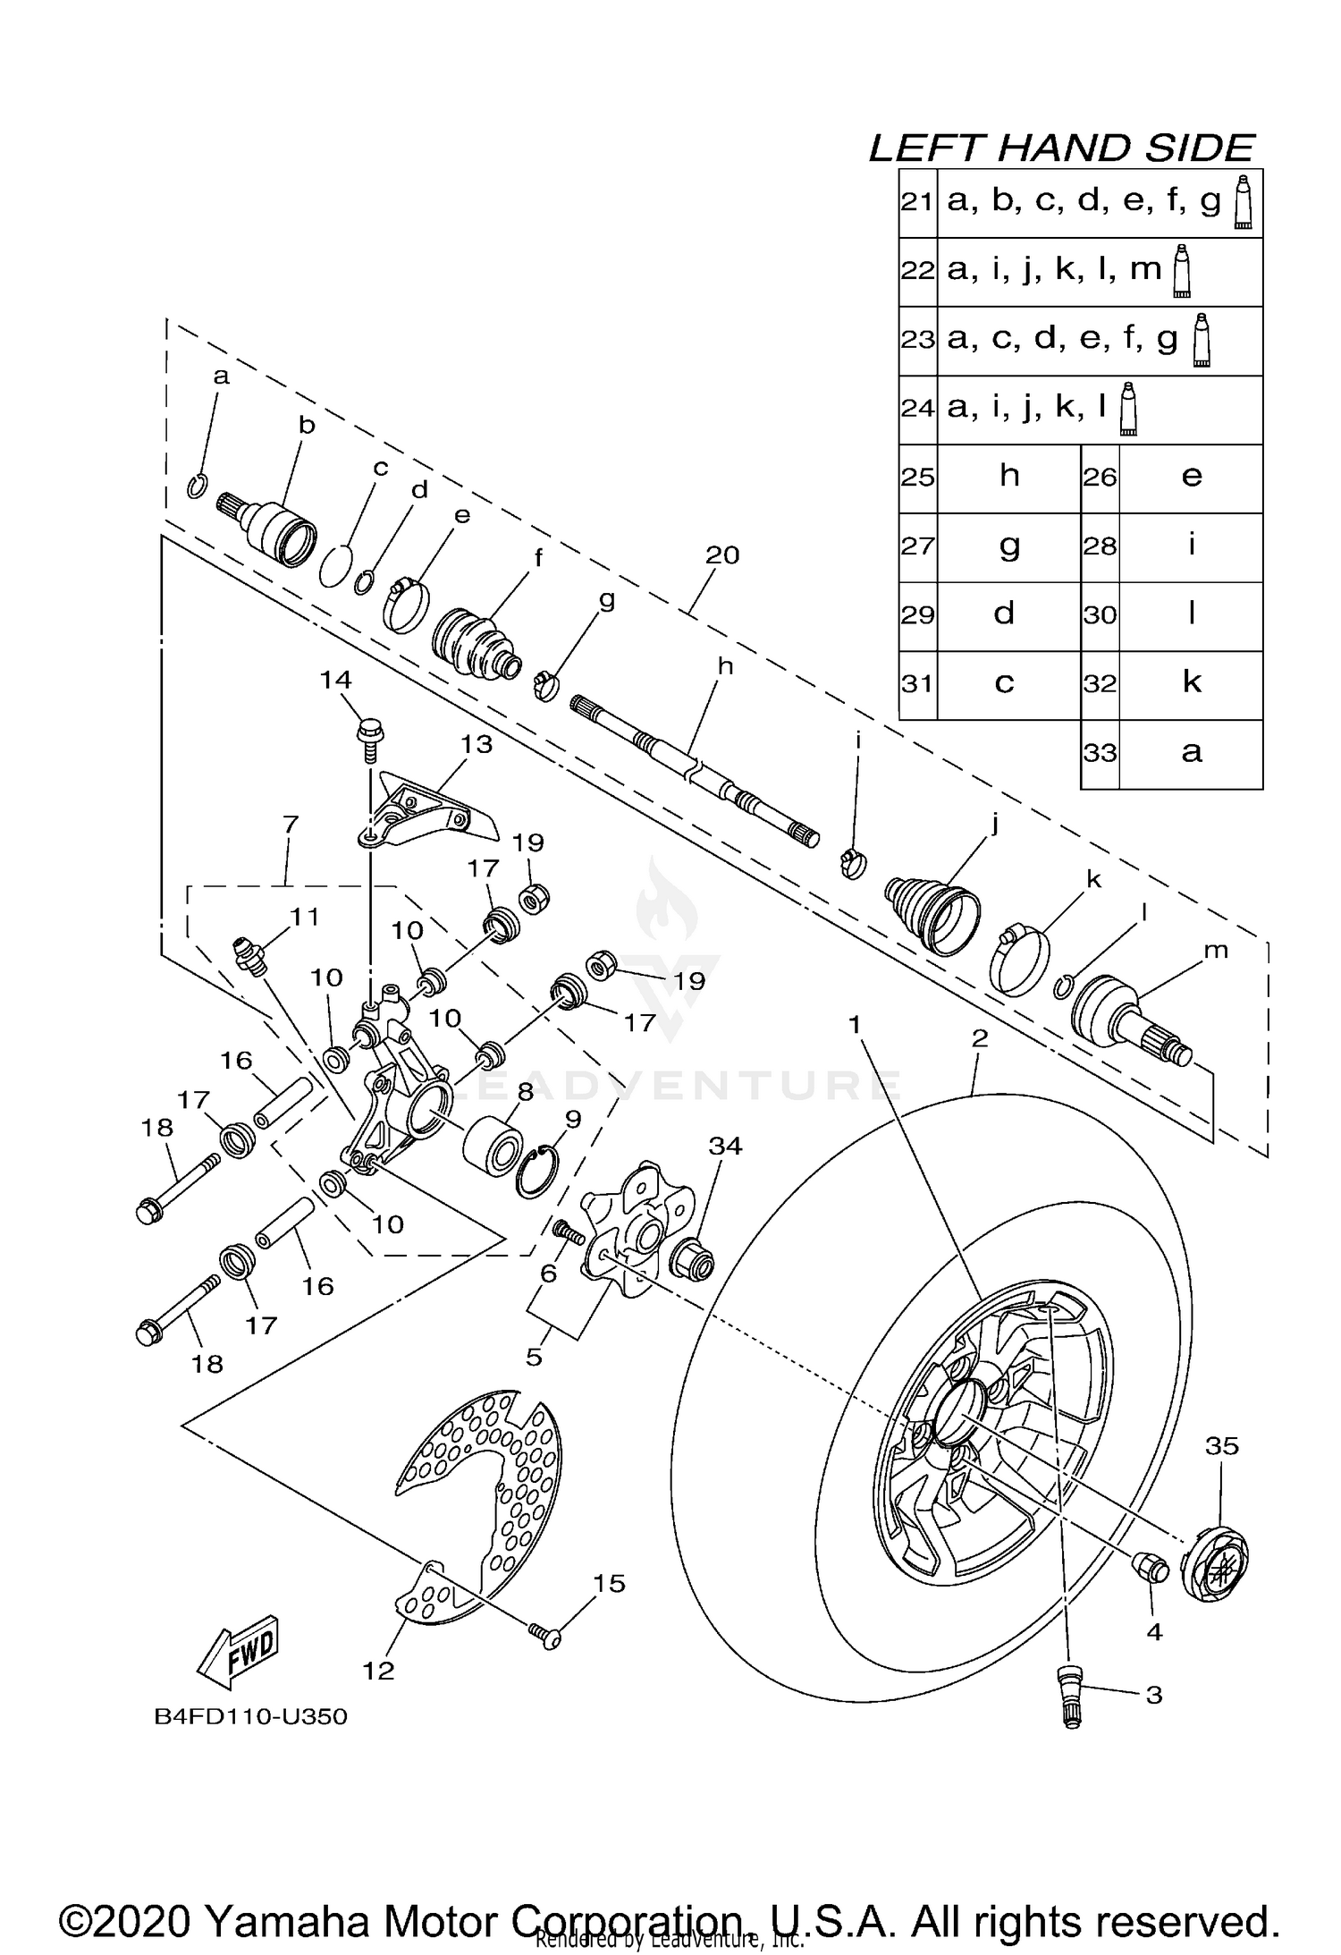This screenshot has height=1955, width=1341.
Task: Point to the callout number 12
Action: click(x=379, y=1670)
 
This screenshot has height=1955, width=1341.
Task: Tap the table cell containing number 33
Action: click(x=1100, y=753)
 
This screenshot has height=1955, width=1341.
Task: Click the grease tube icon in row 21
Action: click(x=1243, y=203)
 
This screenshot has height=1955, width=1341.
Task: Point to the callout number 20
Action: click(x=722, y=554)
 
